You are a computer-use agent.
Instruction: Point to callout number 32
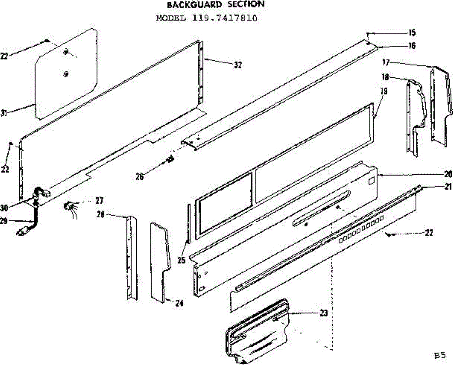click(237, 65)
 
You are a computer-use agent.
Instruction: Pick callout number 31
click(4, 113)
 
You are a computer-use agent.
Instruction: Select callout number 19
click(384, 91)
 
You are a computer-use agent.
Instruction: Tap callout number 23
click(324, 313)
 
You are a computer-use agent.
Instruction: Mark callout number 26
click(140, 176)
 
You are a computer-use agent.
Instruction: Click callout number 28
click(100, 214)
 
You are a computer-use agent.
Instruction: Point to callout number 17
click(385, 62)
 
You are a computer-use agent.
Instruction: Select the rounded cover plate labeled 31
click(66, 74)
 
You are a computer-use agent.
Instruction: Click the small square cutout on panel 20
click(371, 181)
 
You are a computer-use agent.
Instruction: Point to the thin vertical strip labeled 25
click(188, 223)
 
